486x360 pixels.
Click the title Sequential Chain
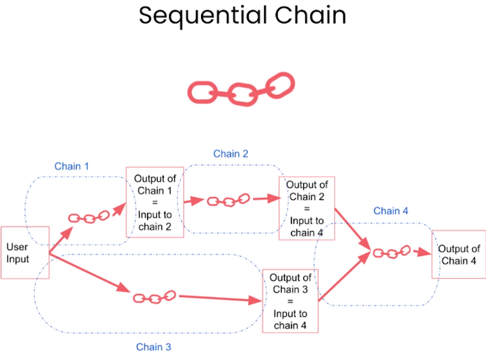tap(242, 16)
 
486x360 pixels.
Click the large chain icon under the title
tap(241, 89)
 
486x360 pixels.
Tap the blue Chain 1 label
tap(72, 166)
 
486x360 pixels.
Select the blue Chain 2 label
tap(230, 154)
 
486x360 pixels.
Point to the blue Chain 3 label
tap(154, 346)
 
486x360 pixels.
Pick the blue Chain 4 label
tap(391, 210)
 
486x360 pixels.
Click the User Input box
tap(25, 253)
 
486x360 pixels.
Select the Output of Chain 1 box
tap(155, 202)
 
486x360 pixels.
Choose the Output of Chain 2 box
tap(306, 209)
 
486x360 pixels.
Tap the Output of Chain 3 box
tap(290, 300)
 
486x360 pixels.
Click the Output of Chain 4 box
tap(459, 255)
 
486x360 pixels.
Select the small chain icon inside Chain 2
tap(228, 200)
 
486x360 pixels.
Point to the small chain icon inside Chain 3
tap(155, 297)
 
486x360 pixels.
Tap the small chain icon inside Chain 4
tap(391, 252)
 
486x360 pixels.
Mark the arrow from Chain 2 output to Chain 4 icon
tap(352, 228)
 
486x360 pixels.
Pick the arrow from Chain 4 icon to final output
tap(422, 252)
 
